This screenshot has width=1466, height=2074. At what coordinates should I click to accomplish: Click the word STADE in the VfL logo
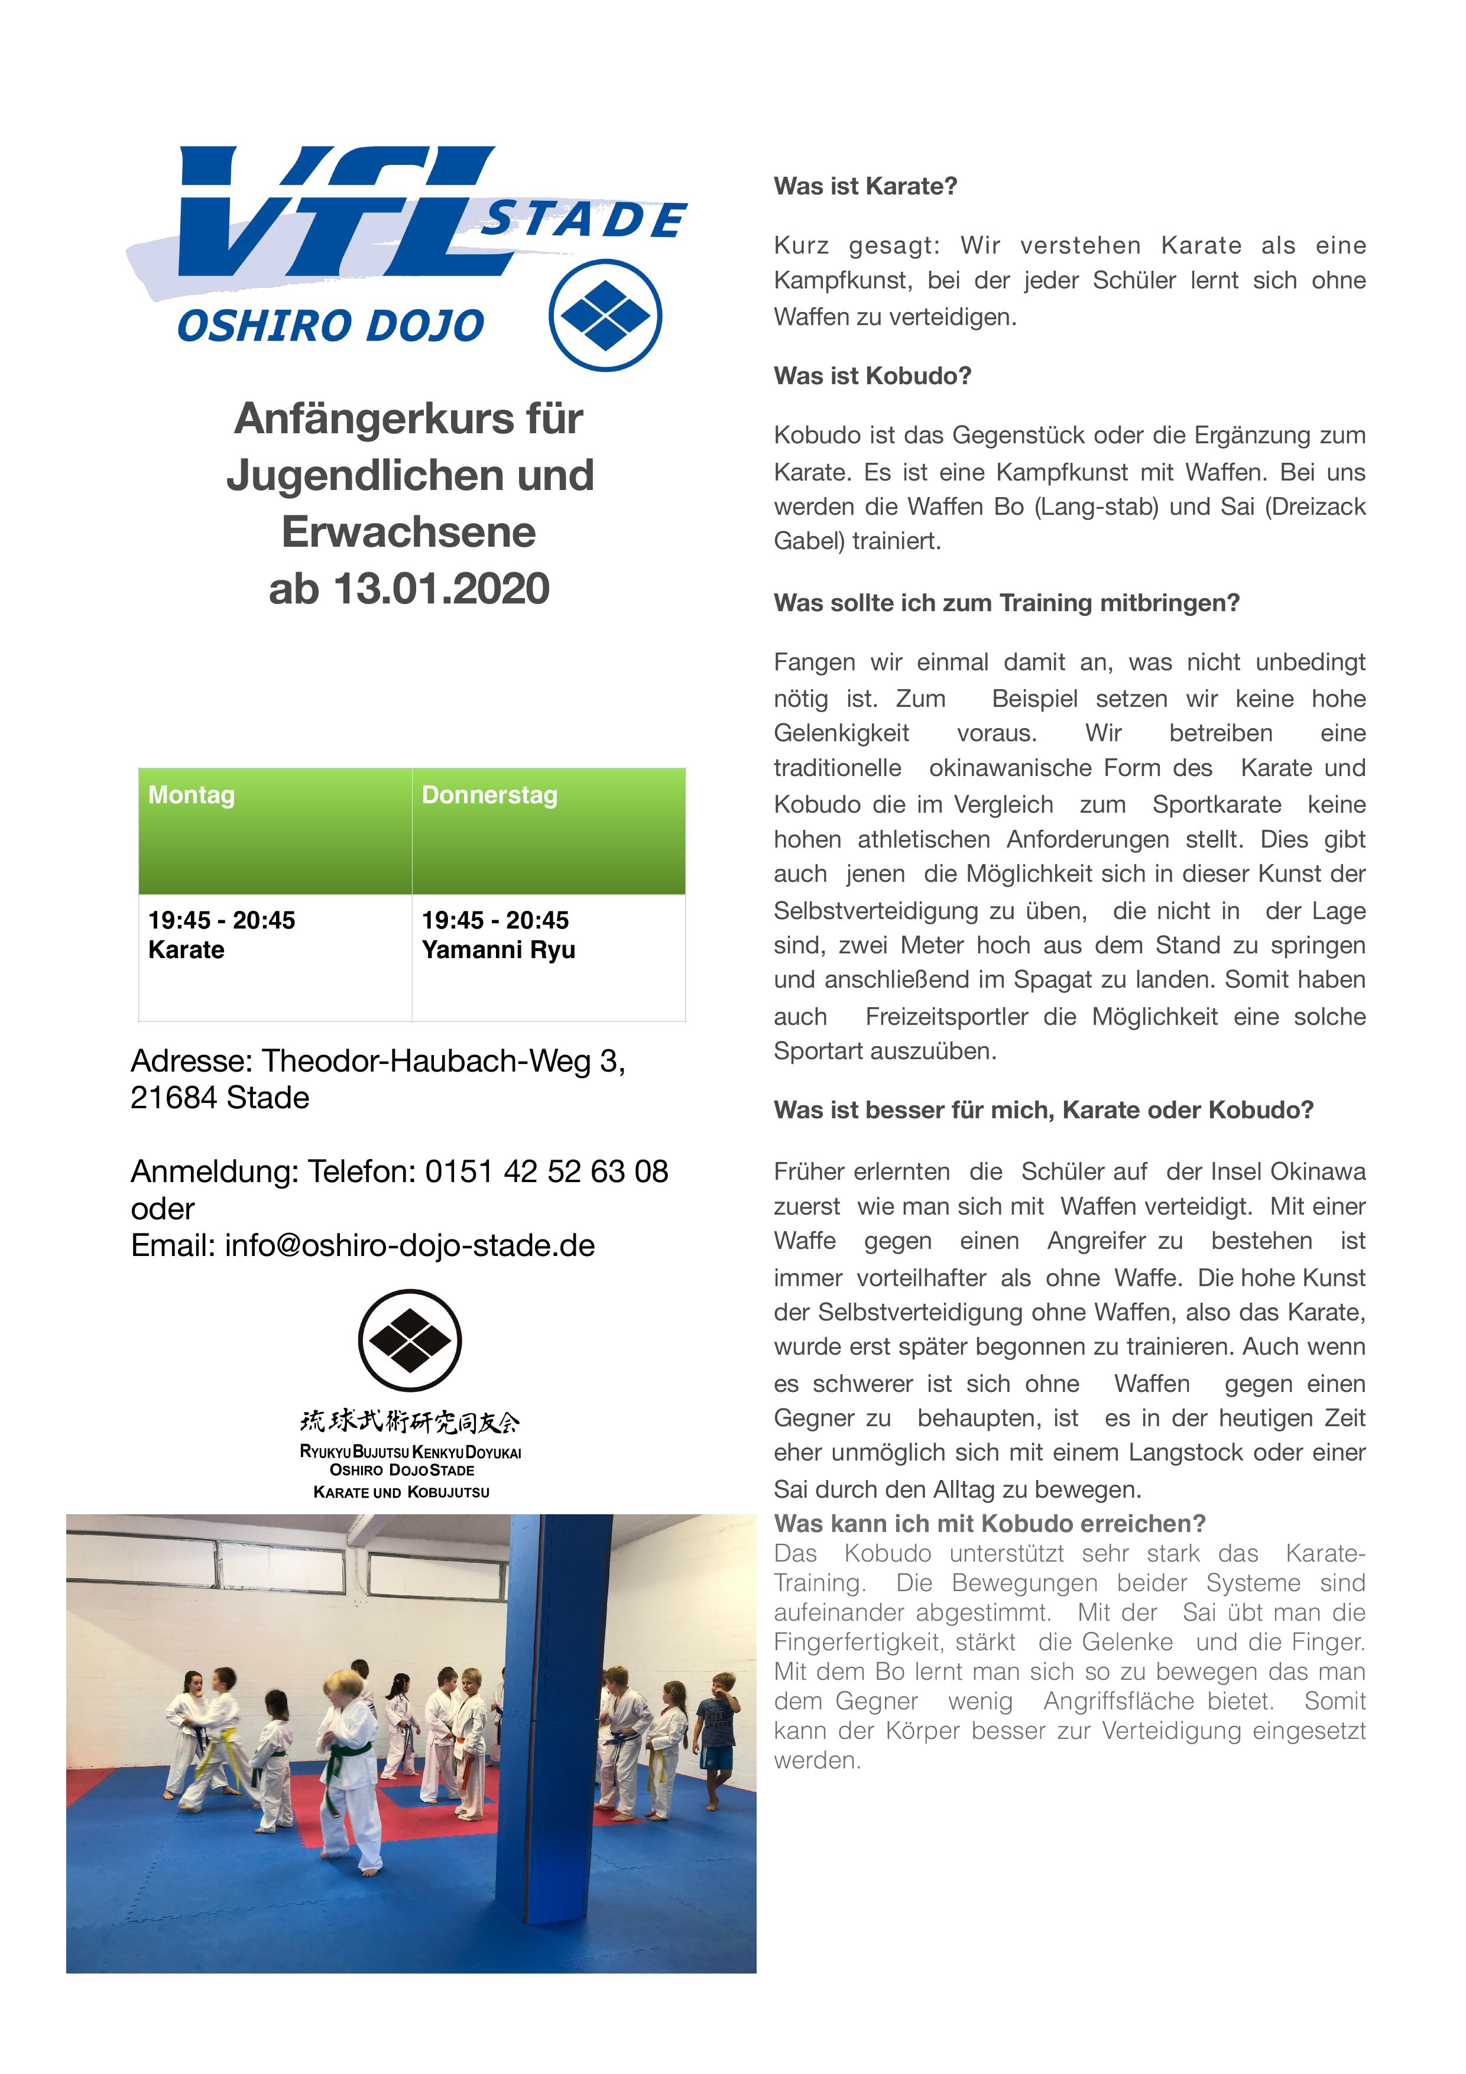pyautogui.click(x=583, y=219)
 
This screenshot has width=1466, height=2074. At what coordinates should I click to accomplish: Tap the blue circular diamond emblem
pyautogui.click(x=605, y=315)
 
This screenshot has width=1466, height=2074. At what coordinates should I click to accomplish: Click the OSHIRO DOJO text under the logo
pyautogui.click(x=330, y=326)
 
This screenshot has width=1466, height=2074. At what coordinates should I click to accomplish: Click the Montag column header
pyautogui.click(x=192, y=795)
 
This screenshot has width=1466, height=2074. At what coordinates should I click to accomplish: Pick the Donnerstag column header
pyautogui.click(x=489, y=795)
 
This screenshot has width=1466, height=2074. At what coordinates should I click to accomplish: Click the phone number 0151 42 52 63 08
pyautogui.click(x=546, y=1171)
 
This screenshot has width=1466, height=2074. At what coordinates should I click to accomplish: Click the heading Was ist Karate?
pyautogui.click(x=864, y=186)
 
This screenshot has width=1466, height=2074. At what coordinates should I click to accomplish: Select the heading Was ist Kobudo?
pyautogui.click(x=872, y=376)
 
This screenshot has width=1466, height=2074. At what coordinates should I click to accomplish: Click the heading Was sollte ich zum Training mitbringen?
pyautogui.click(x=1006, y=602)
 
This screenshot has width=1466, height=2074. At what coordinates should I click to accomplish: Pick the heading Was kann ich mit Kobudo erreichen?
pyautogui.click(x=989, y=1523)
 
